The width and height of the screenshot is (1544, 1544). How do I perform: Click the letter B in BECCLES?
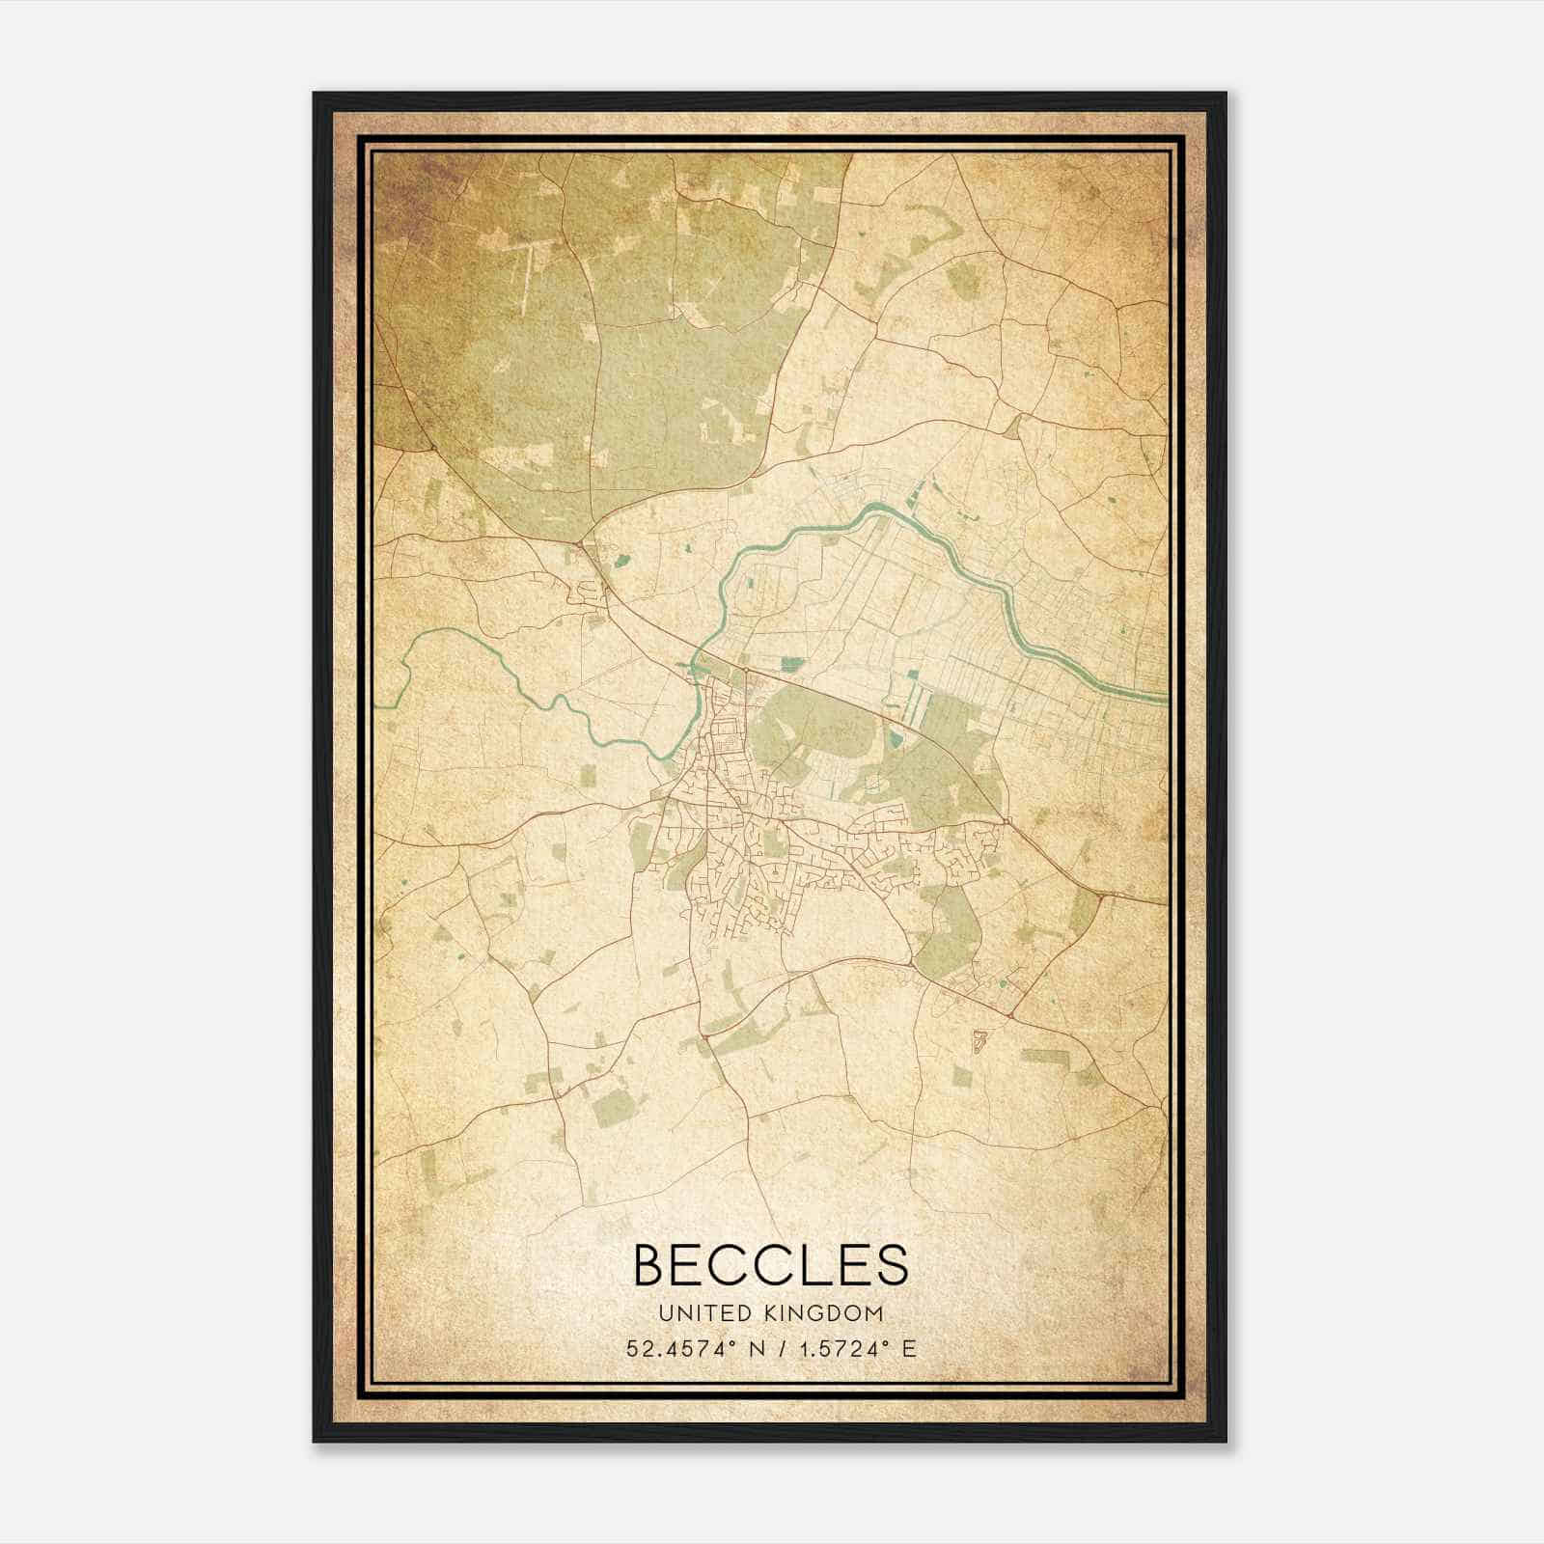(x=653, y=1265)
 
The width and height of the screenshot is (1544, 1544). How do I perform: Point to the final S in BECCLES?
(x=890, y=1265)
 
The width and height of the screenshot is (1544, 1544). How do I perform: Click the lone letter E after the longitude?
(x=909, y=1349)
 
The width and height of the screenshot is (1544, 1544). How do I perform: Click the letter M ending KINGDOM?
(x=874, y=1313)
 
